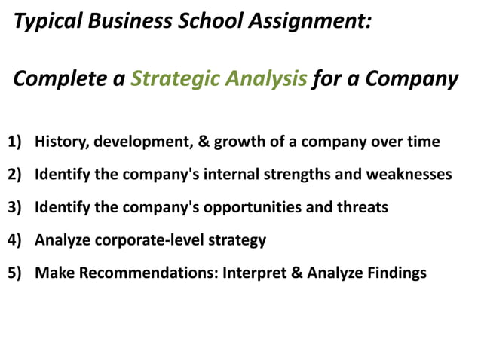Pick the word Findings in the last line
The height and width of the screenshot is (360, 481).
point(395,272)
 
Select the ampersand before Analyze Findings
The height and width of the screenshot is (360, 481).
point(294,272)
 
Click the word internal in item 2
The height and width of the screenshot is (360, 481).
point(224,175)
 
